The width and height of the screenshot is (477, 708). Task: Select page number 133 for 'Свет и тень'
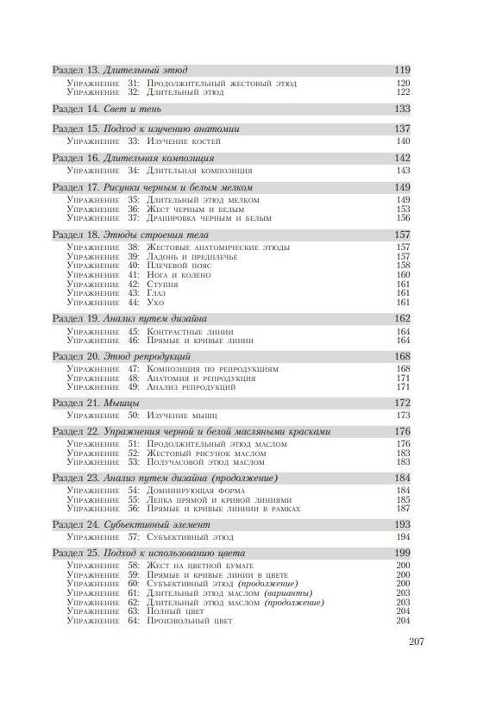click(x=401, y=110)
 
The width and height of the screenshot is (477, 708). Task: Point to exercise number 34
click(x=134, y=171)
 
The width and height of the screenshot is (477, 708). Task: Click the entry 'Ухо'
click(x=155, y=303)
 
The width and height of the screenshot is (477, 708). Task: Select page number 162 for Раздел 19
click(x=401, y=318)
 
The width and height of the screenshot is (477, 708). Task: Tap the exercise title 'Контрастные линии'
click(x=191, y=331)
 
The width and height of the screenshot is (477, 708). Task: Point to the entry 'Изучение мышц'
click(x=183, y=416)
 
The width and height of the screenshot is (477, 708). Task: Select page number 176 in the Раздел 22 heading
click(x=401, y=431)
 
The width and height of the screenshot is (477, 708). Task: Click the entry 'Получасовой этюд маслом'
click(x=204, y=463)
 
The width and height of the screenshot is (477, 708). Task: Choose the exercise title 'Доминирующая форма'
click(x=196, y=491)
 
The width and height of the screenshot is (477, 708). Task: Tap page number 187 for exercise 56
click(x=403, y=510)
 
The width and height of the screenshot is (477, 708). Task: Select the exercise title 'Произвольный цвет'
click(x=195, y=622)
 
